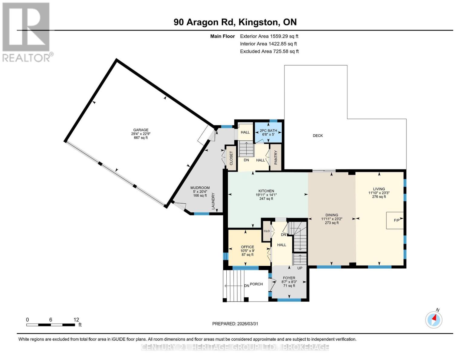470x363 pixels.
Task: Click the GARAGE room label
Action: (141, 130)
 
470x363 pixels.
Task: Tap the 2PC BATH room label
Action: (268, 131)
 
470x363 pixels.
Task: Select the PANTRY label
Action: (276, 157)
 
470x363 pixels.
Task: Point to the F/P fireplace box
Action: (395, 220)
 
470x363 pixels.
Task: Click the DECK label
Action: (318, 136)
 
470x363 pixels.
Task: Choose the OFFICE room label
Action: (248, 247)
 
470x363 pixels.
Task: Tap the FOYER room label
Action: (289, 278)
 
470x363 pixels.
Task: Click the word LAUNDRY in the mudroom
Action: (213, 201)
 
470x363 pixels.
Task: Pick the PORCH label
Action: (256, 284)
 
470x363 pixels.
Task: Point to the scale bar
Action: (51, 325)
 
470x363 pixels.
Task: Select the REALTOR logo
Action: (26, 32)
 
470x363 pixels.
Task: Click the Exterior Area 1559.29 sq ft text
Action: (269, 36)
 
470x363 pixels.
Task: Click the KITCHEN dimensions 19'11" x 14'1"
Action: (266, 195)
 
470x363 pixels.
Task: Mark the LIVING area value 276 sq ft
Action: (379, 197)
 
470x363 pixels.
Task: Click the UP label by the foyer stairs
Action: (300, 268)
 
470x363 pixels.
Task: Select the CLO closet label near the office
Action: (267, 231)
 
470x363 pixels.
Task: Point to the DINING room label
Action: (332, 215)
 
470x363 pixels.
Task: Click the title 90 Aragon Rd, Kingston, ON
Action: (235, 22)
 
